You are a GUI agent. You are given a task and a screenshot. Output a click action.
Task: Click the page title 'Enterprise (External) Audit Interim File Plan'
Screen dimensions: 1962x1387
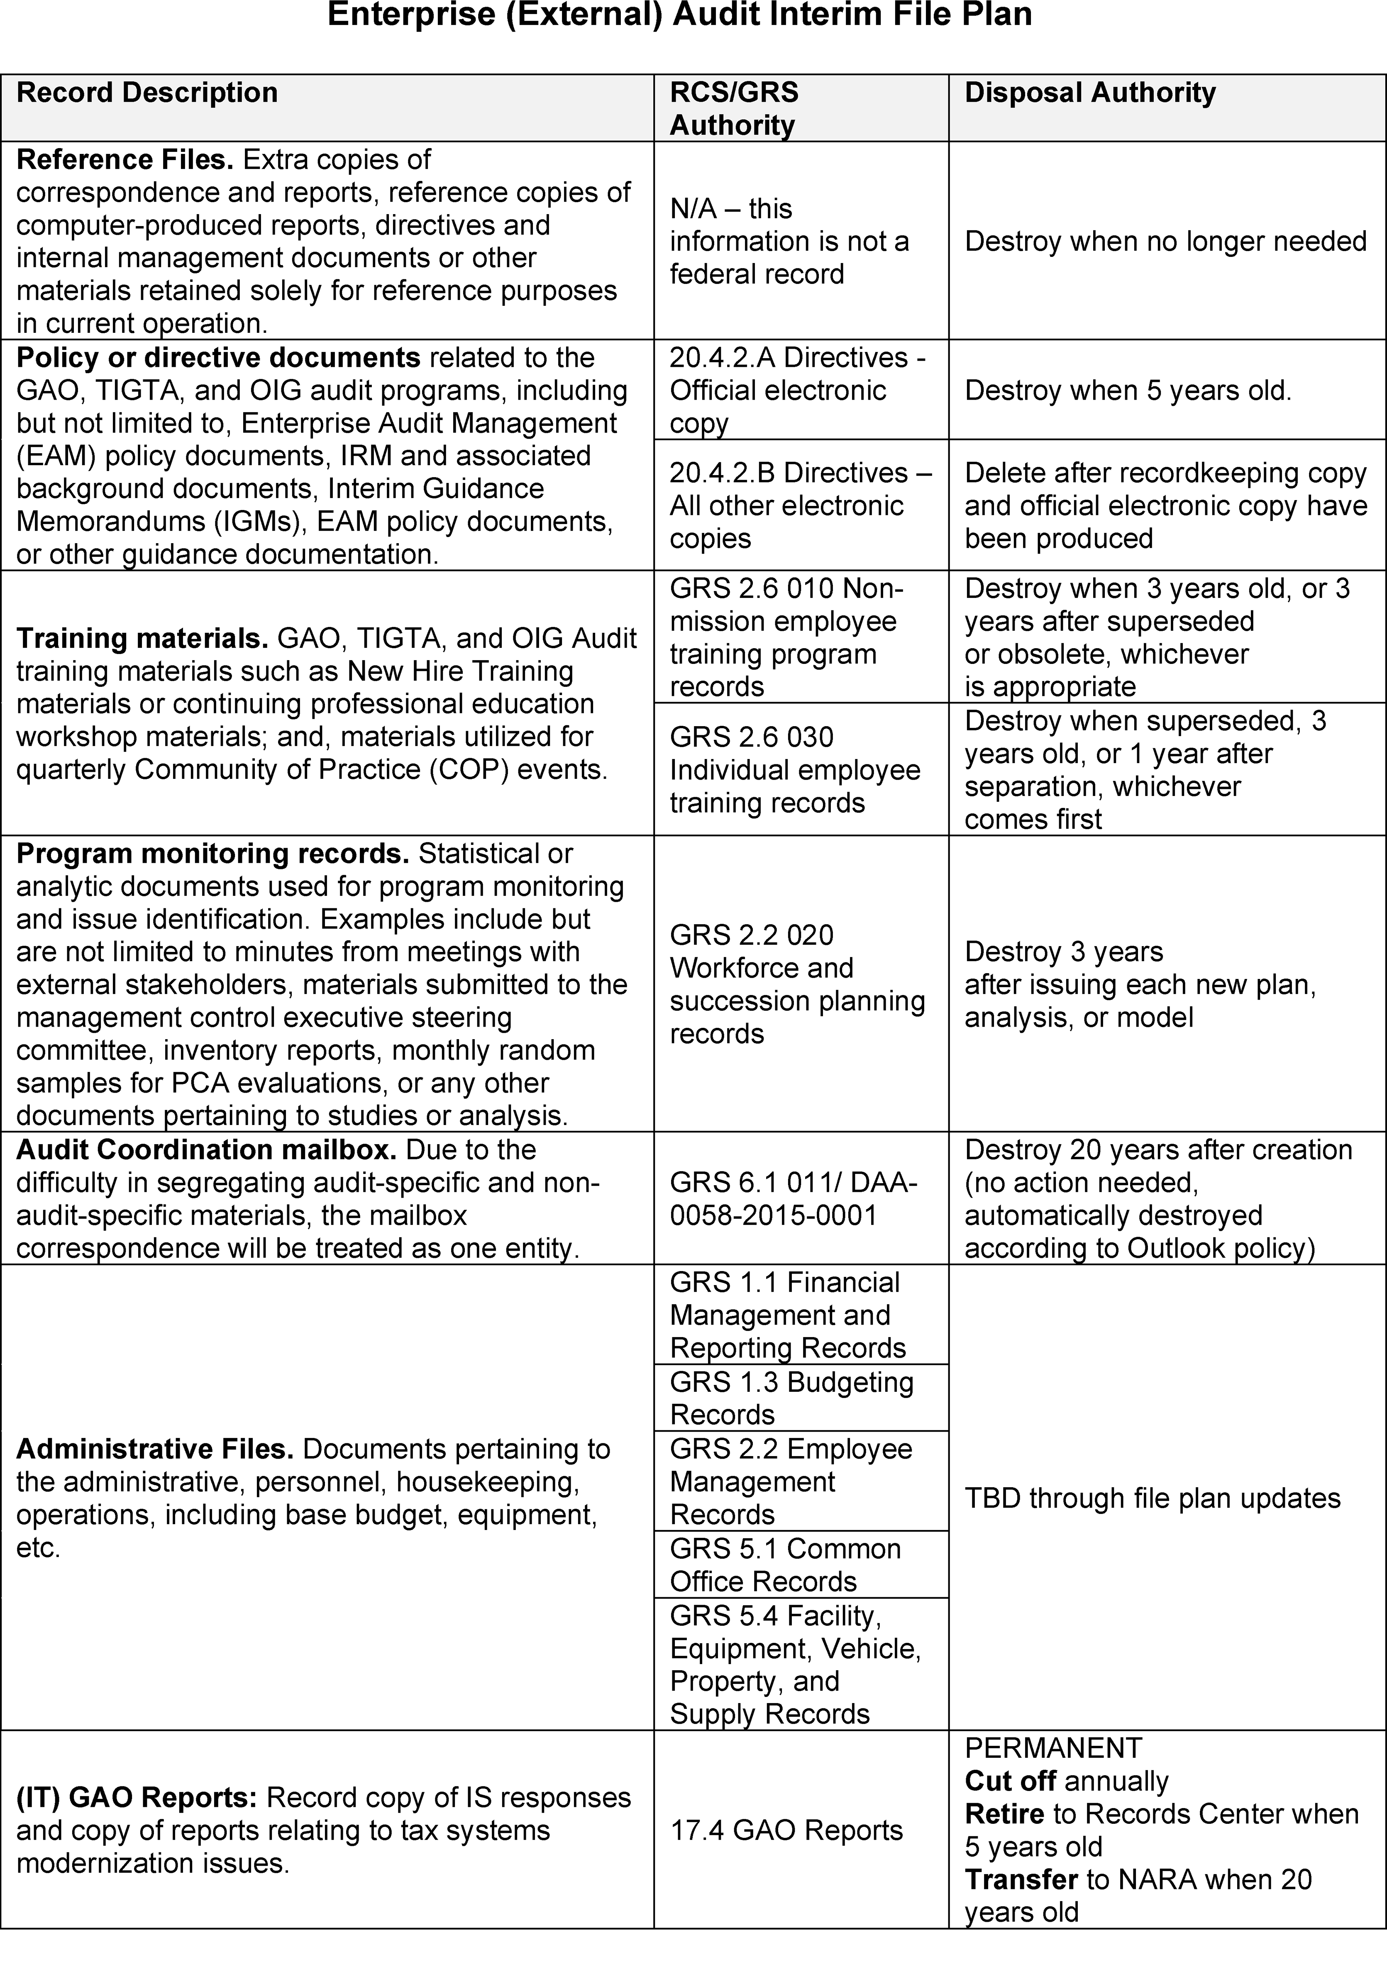point(679,15)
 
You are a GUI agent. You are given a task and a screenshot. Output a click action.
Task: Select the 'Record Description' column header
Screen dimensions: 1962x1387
point(147,92)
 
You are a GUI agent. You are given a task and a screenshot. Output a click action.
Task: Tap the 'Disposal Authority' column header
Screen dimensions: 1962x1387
point(1089,92)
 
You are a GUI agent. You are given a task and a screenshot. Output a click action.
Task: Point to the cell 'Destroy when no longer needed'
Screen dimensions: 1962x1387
point(1165,241)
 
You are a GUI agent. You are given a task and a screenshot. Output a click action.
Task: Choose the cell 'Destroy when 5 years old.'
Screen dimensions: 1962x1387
point(1128,390)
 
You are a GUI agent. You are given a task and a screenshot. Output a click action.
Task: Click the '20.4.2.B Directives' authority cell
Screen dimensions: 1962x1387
point(800,505)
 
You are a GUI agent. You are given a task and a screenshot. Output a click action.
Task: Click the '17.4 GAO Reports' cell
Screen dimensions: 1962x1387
point(786,1830)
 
